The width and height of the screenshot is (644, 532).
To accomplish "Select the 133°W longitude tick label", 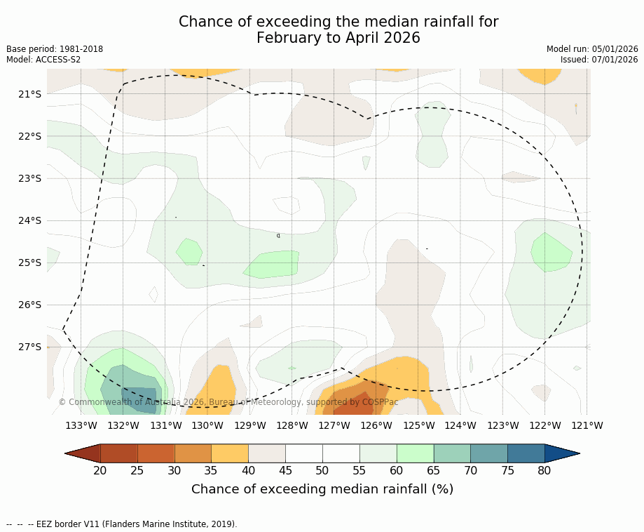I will tap(81, 425).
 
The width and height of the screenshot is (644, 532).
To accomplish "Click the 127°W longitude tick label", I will tap(334, 425).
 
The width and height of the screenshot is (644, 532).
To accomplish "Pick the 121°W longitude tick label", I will tap(587, 425).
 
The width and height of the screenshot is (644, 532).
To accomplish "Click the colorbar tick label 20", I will tap(100, 470).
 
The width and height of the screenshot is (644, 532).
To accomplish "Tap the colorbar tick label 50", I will tap(322, 470).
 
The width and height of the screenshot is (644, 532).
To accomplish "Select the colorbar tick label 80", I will tap(544, 470).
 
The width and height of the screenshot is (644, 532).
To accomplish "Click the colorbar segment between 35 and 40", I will tap(230, 453).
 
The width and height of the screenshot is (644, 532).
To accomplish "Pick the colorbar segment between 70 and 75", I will tap(488, 453).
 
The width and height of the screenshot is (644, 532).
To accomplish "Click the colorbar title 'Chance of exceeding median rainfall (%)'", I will tap(322, 489).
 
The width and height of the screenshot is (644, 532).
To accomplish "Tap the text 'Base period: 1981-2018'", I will tap(55, 49).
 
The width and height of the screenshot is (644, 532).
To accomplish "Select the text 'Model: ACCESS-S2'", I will tap(43, 60).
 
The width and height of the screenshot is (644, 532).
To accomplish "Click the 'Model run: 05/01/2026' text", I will tap(592, 49).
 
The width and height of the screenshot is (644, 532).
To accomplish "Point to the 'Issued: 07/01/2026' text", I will tap(599, 60).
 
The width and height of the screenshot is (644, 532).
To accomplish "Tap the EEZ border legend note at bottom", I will tap(122, 524).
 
